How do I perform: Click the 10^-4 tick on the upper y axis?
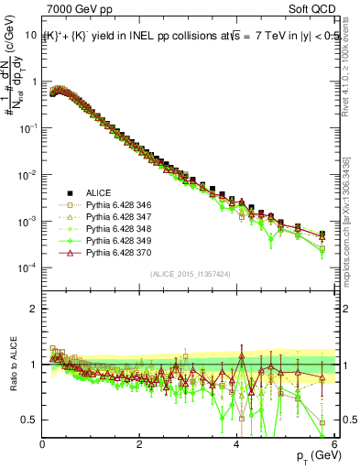pos(27,267)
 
